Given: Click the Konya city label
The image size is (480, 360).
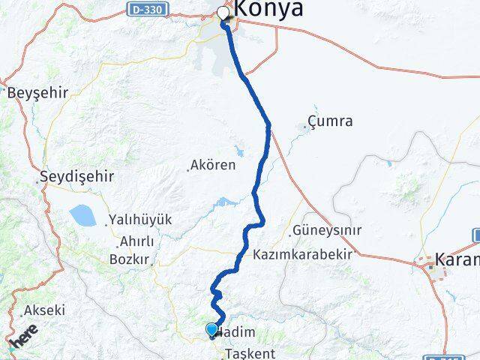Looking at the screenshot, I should point(269,9).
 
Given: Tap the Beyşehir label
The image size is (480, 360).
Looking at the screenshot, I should point(37,93).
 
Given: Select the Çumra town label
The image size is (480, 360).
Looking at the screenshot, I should point(330,121).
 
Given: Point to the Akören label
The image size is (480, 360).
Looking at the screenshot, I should point(214,165).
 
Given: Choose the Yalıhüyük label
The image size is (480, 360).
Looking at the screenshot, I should point(140,220).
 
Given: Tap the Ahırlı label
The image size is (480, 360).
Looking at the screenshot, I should point(136,241).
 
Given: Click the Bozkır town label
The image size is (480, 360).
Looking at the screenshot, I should point(130,259).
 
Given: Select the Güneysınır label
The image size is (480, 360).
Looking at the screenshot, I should point(327,230).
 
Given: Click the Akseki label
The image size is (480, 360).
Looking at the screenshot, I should point(45,310).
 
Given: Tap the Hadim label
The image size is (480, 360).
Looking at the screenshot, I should point(238,332).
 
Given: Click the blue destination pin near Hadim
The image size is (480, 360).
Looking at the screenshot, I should point(211,329).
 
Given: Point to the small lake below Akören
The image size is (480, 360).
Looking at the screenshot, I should point(223,202).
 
